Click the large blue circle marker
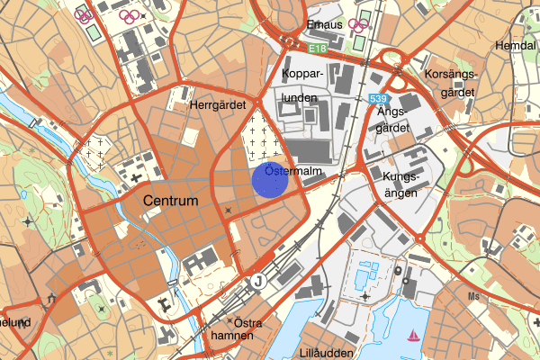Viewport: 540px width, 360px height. click(x=269, y=178)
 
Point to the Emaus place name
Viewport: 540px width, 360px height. click(x=325, y=25)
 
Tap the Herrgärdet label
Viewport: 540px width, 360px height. click(x=218, y=105)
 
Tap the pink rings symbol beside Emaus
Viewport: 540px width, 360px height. click(x=359, y=25)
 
